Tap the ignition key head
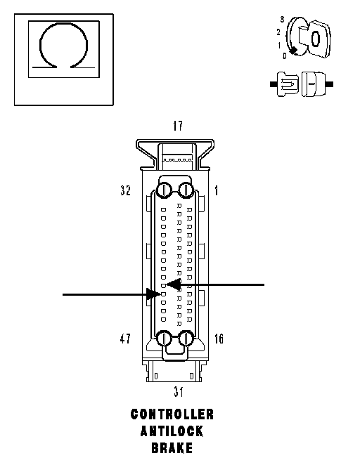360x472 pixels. (320, 39)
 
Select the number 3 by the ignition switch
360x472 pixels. (282, 20)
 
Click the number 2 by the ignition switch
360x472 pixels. (278, 32)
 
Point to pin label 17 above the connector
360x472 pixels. (178, 126)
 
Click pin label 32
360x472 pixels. (125, 190)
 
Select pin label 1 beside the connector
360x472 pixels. (217, 190)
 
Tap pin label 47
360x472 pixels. (125, 339)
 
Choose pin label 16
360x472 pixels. (219, 339)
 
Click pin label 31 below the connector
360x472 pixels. (179, 392)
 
